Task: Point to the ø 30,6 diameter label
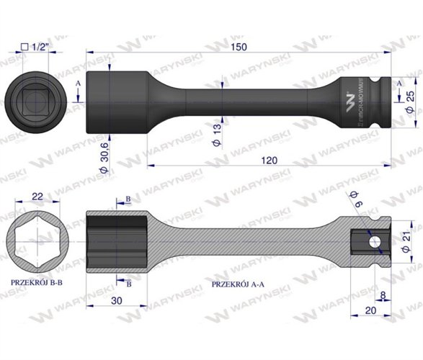click(x=104, y=149)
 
